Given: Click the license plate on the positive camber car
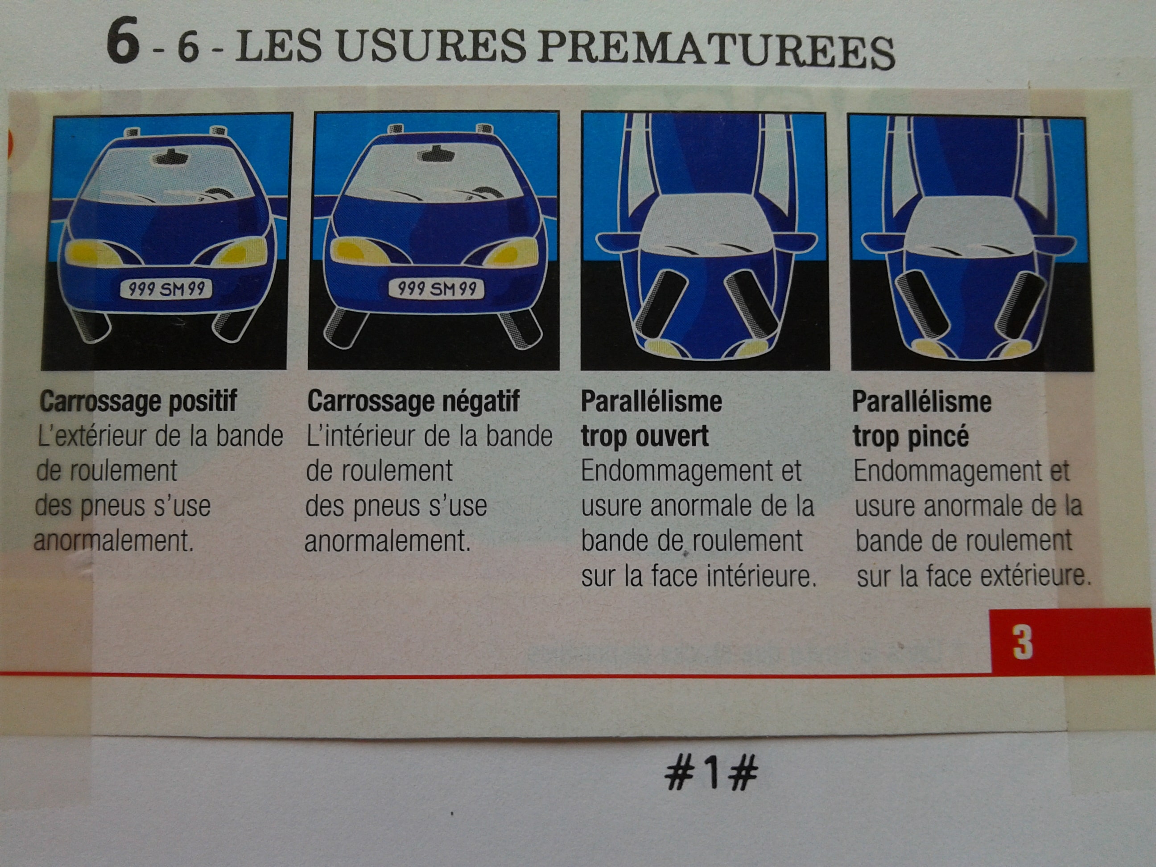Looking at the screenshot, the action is tap(166, 289).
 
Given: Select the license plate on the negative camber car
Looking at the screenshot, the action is tap(436, 289).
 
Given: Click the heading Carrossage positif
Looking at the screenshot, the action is tap(139, 401).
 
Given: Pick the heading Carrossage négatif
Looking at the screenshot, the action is tap(413, 401).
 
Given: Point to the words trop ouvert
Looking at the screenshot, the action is tap(644, 436).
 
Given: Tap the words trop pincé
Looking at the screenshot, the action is tap(911, 436).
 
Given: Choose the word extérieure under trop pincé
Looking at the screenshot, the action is tap(1036, 576).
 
